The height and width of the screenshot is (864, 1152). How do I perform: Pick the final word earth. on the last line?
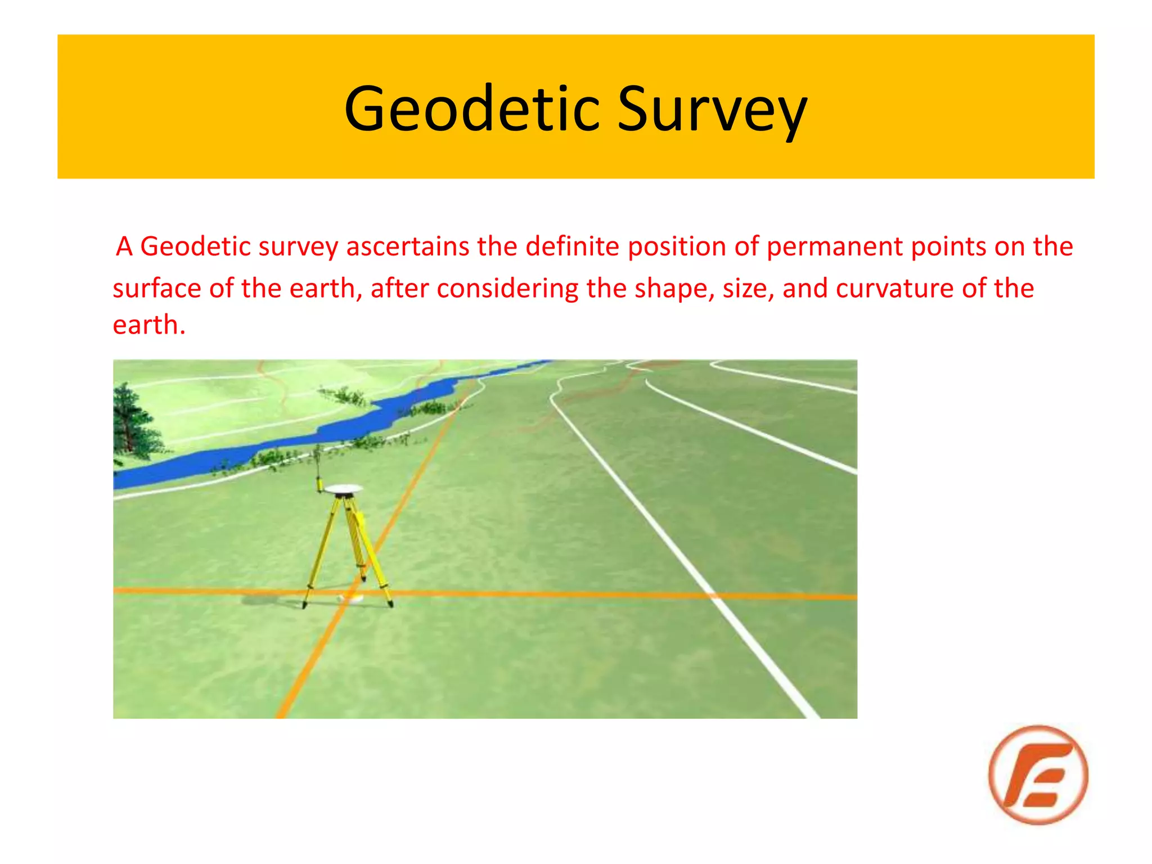[x=148, y=325]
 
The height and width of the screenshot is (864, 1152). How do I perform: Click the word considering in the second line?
[x=507, y=289]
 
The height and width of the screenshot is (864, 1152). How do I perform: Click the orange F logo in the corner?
[x=1038, y=775]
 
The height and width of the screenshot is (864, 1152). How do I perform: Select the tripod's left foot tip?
[x=304, y=605]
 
